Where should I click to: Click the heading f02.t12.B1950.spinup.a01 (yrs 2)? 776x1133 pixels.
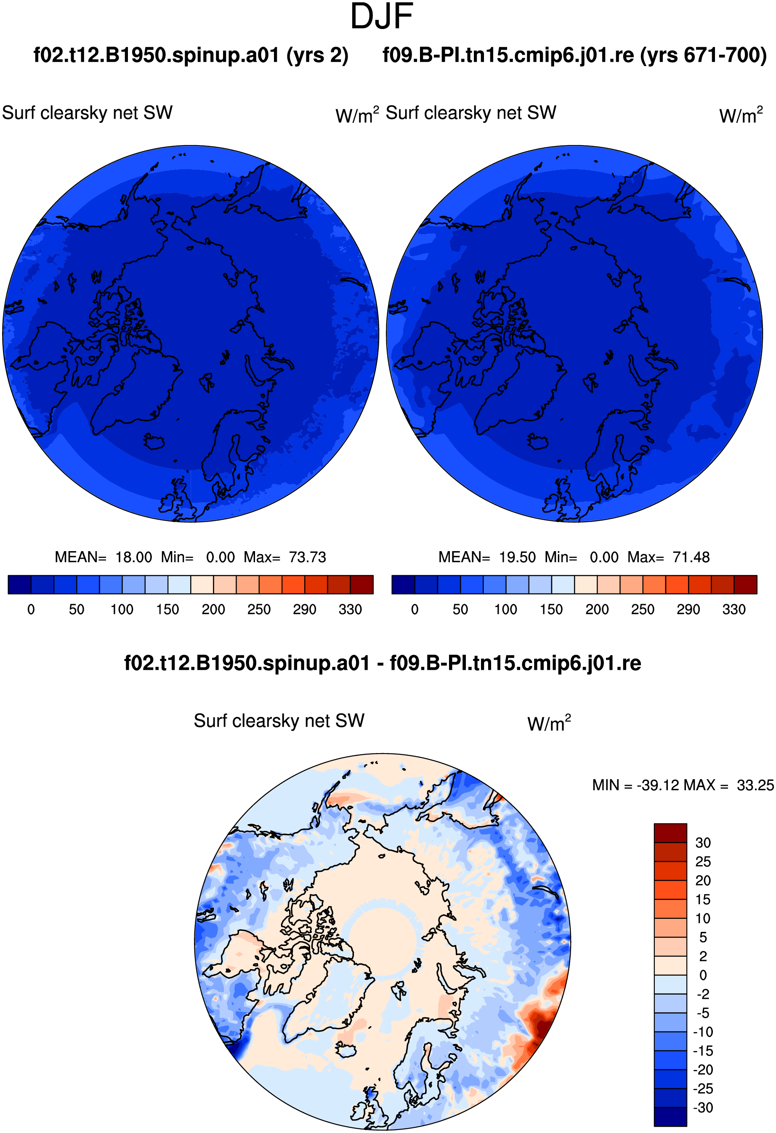coord(191,55)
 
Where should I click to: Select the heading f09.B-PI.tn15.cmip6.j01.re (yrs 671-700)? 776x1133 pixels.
coord(574,55)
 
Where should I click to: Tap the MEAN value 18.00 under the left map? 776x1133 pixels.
coord(134,557)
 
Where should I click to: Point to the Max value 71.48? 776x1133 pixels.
coord(691,557)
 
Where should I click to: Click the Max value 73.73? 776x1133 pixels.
coord(307,557)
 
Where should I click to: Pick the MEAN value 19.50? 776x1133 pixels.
coord(518,557)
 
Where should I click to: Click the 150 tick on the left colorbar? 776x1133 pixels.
coord(167,609)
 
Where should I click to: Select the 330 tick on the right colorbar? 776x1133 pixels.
coord(734,609)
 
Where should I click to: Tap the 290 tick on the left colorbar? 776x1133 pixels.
coord(304,609)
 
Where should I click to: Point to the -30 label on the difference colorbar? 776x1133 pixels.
coord(703,1108)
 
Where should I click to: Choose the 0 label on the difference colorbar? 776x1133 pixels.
coord(703,975)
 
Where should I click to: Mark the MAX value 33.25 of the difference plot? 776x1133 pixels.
coord(755,785)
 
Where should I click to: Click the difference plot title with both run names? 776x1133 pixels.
coord(383,663)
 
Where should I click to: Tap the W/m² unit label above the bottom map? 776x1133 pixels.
coord(549,723)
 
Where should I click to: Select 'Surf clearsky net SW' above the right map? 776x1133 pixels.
coord(471,113)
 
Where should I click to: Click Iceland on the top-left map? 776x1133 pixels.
coord(154,442)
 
